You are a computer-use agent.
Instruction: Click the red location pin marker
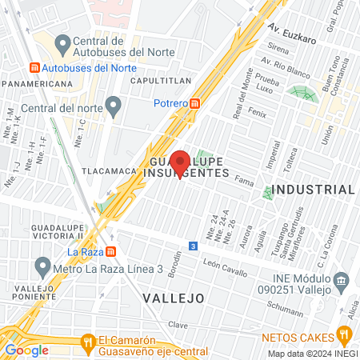[180, 161]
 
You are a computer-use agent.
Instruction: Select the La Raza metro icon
[111, 250]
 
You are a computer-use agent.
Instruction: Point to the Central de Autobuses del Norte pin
[61, 41]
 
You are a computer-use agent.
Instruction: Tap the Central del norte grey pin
[114, 103]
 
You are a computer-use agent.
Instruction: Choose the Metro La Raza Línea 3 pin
[42, 267]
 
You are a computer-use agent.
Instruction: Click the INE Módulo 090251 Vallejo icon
[341, 281]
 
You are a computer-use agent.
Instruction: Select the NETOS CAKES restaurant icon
[344, 334]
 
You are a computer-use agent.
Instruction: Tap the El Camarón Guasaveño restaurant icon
[88, 343]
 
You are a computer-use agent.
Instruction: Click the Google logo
[27, 350]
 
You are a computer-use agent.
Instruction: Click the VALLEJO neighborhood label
[173, 297]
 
